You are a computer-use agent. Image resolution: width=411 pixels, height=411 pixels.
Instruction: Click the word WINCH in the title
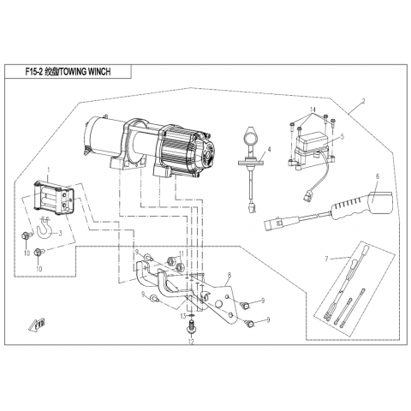(x=99, y=72)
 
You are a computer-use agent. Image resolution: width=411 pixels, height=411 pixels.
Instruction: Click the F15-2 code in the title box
(x=33, y=72)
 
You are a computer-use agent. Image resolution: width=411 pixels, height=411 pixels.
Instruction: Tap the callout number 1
(x=48, y=170)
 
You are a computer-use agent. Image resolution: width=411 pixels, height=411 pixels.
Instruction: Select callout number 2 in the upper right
(x=363, y=101)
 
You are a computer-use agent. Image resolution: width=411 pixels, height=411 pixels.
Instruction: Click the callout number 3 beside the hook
(x=60, y=234)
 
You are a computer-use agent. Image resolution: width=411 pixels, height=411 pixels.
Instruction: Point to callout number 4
(x=269, y=149)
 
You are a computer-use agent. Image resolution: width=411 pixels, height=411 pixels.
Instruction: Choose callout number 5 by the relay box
(x=342, y=136)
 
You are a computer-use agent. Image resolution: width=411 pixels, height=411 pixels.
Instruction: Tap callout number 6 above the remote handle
(x=378, y=176)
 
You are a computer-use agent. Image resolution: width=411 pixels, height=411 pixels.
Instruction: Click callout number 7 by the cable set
(x=327, y=259)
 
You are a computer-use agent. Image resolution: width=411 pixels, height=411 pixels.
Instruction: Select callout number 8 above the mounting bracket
(x=229, y=275)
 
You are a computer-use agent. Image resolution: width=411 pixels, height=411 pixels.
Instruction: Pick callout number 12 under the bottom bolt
(x=191, y=342)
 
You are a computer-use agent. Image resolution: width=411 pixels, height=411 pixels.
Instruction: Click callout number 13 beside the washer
(x=183, y=316)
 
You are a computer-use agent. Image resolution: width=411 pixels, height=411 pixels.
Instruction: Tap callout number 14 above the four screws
(x=313, y=110)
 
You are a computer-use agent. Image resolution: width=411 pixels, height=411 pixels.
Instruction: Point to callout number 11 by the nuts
(x=182, y=253)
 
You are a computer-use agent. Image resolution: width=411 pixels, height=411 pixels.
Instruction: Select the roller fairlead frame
(x=54, y=198)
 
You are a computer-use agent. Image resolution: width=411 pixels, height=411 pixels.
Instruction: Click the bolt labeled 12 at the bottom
(x=191, y=328)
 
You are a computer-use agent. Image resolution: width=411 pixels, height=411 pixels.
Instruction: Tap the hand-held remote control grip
(x=361, y=205)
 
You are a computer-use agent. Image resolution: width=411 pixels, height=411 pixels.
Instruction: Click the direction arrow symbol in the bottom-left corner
(x=38, y=325)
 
